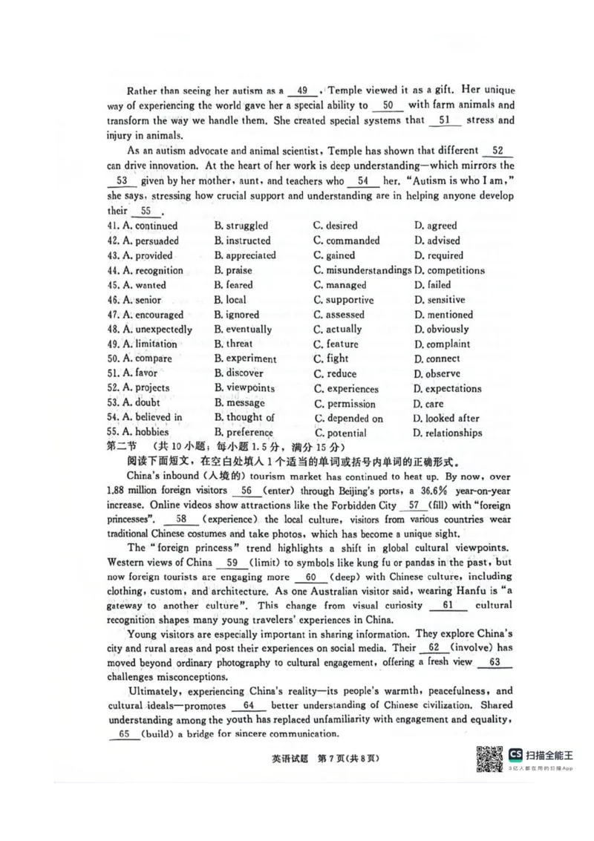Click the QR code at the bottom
click(489, 759)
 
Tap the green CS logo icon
click(515, 754)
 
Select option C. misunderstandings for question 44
click(362, 270)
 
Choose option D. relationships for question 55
click(448, 433)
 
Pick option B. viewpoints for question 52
click(244, 388)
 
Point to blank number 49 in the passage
click(302, 91)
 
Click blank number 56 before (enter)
click(246, 491)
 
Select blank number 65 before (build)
click(124, 733)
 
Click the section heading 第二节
click(123, 448)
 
